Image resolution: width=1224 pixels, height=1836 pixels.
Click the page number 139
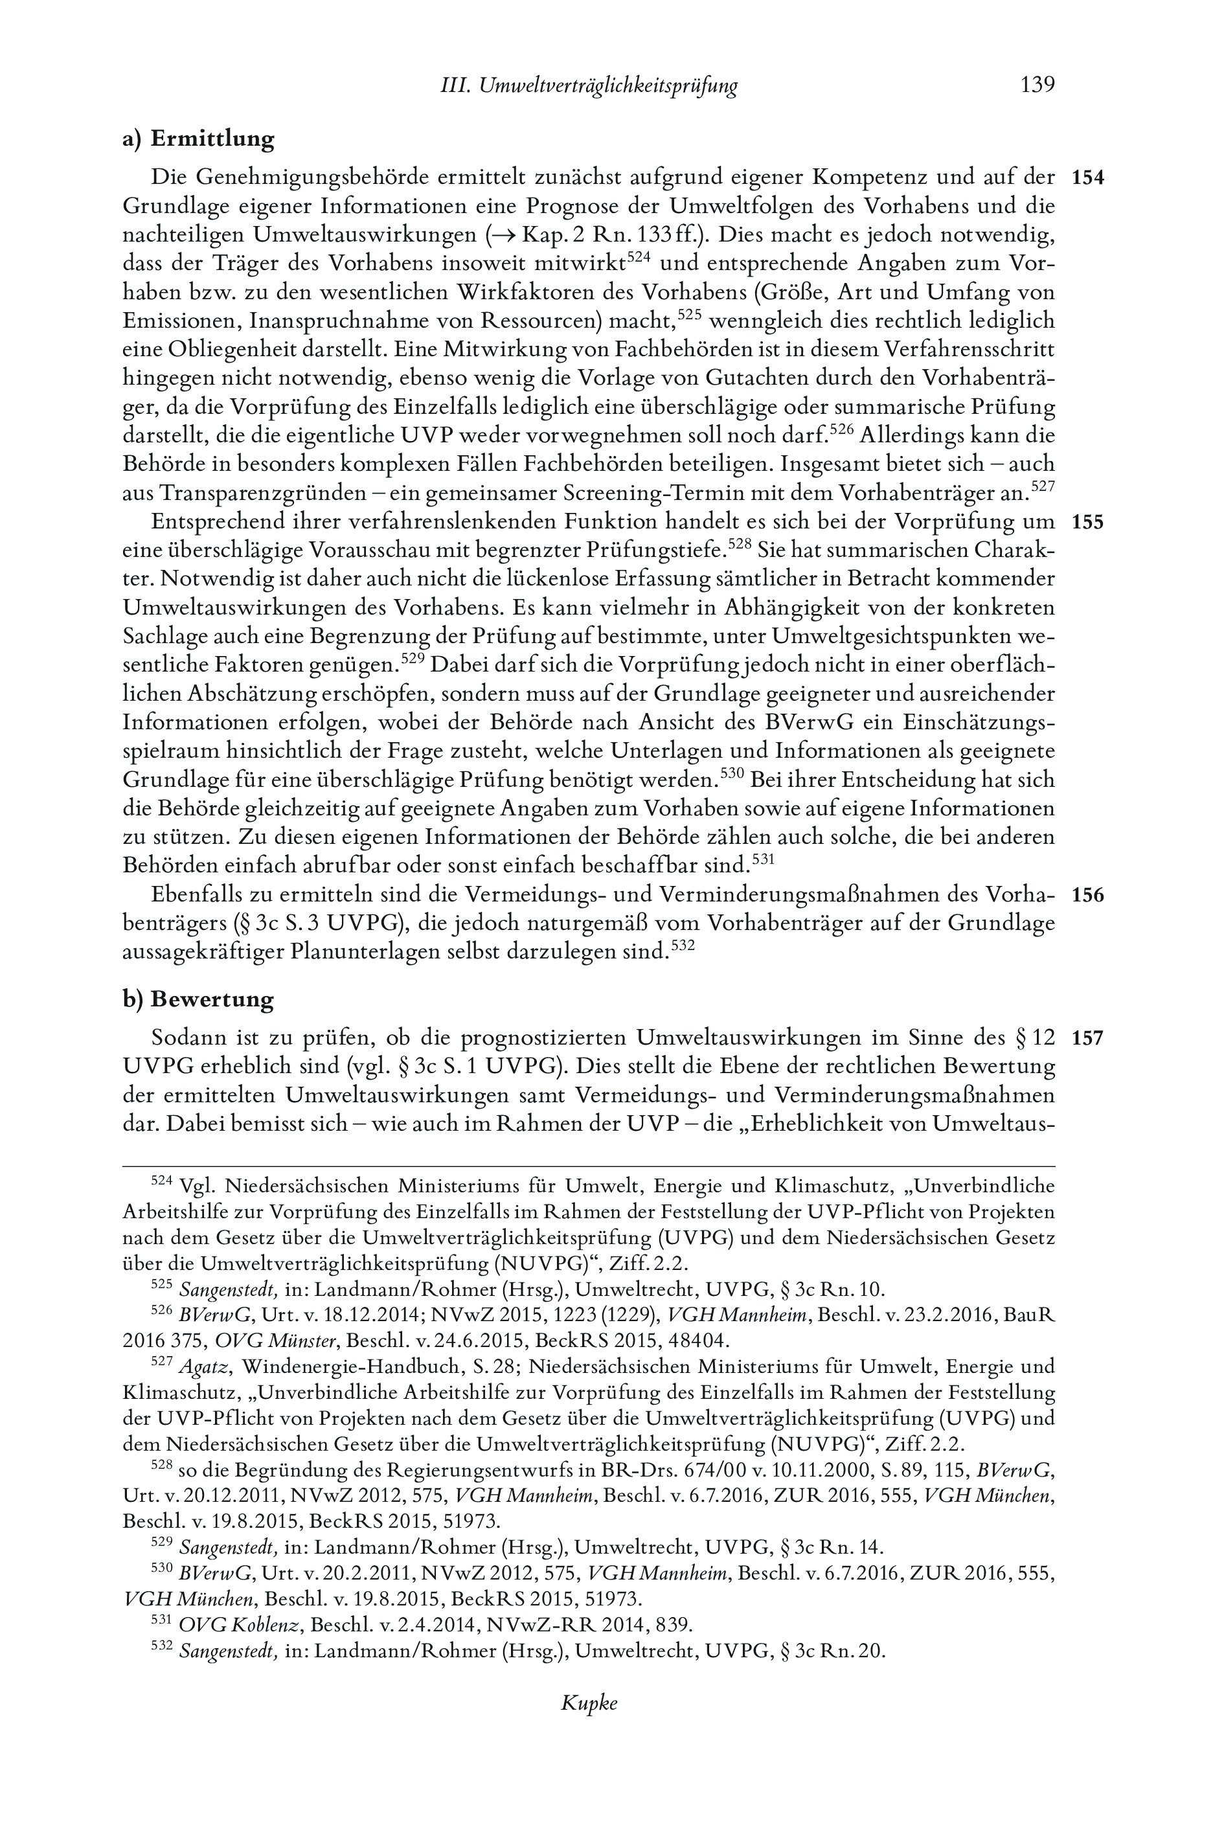point(1037,85)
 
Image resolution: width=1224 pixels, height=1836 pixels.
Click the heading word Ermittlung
point(212,139)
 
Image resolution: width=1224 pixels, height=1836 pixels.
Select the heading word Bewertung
point(212,999)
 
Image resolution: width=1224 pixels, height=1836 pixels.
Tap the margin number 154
point(1088,178)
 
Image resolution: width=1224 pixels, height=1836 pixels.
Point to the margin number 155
point(1088,522)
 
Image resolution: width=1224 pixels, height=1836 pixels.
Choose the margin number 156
point(1088,896)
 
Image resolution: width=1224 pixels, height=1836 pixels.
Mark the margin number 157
point(1088,1039)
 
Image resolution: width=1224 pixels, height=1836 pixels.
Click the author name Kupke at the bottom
point(589,1725)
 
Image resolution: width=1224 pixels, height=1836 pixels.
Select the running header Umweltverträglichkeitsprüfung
point(608,86)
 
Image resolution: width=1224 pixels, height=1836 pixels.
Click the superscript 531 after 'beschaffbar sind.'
point(760,860)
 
